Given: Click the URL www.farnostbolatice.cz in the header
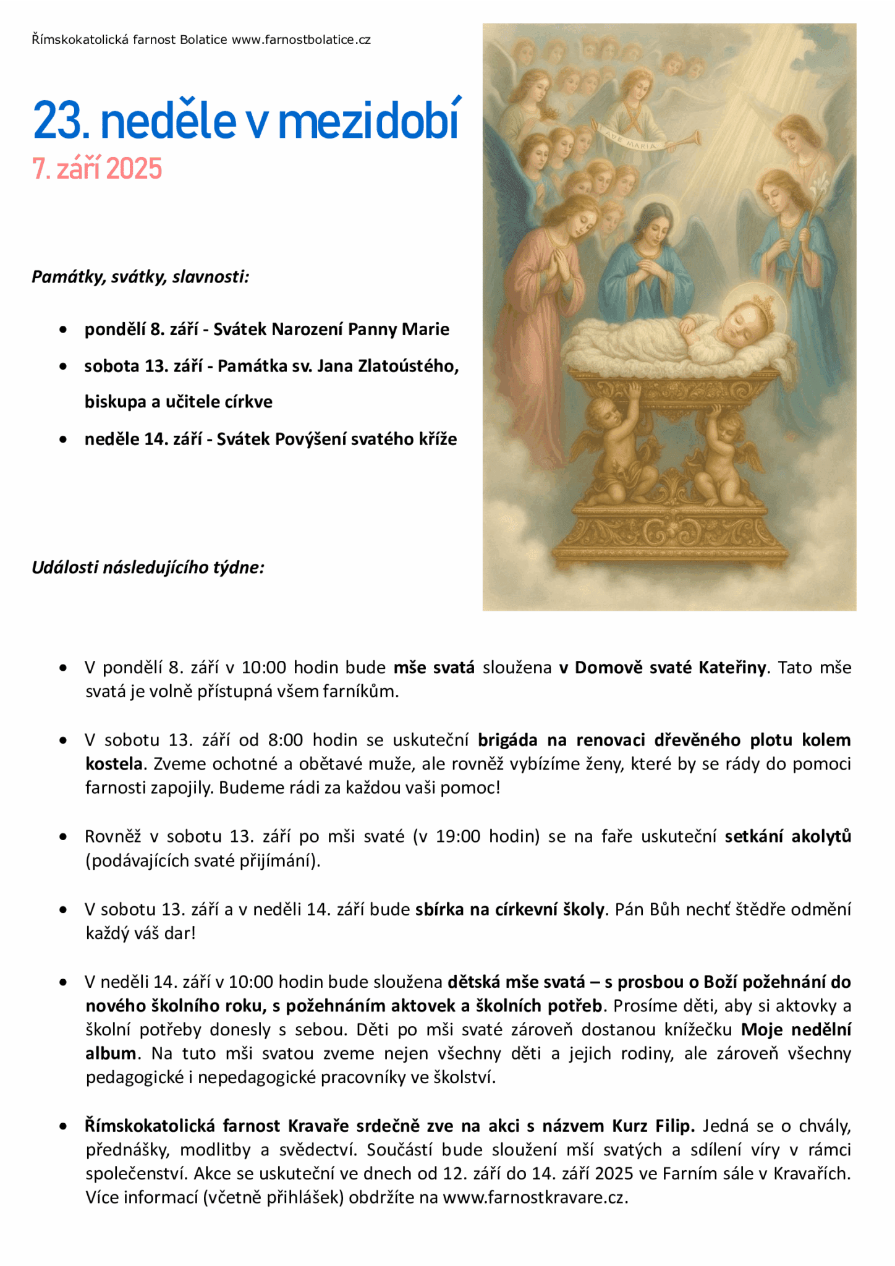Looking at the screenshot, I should tap(301, 40).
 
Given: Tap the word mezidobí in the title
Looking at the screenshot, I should tap(370, 121).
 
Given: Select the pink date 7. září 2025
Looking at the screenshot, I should tap(97, 169).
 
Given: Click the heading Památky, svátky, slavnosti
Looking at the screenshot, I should tap(140, 277).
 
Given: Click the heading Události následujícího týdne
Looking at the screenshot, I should tap(148, 567).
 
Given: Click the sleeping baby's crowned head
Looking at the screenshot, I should tap(748, 315).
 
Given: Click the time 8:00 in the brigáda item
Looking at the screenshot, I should tap(286, 741).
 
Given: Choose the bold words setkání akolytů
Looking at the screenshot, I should tap(787, 837).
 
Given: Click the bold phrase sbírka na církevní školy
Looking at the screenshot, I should tap(510, 910).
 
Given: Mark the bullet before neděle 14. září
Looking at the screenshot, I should tap(63, 440).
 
